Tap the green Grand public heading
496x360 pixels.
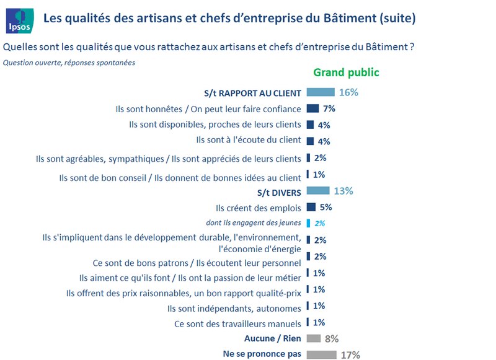tap(346, 72)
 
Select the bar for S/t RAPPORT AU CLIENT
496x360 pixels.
tap(320, 92)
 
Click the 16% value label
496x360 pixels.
tap(348, 92)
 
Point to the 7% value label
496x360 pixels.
tap(329, 109)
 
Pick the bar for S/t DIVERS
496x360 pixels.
tap(317, 191)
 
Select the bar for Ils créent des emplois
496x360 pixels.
tap(311, 207)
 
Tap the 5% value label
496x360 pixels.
tap(325, 207)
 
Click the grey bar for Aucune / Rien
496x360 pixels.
tap(314, 338)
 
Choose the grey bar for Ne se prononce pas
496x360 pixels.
tap(321, 354)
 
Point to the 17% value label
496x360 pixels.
tap(350, 355)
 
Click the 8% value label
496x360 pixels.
tap(332, 338)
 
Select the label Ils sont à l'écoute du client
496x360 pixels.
tap(248, 141)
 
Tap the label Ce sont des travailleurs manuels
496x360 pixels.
tap(237, 323)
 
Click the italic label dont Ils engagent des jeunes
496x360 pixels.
tap(253, 222)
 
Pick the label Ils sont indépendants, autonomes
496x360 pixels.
tap(234, 307)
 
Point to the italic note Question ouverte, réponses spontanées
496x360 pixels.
tap(69, 63)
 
